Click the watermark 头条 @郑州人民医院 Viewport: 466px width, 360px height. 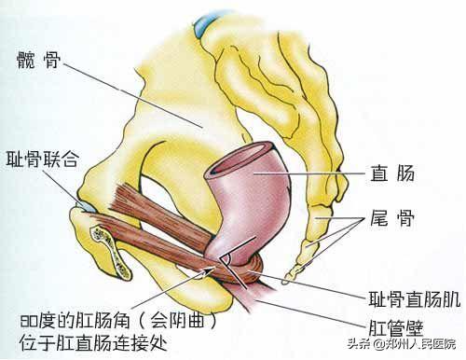coord(410,350)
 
